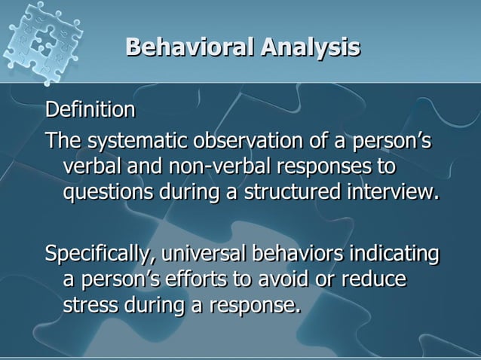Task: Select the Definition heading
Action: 90,111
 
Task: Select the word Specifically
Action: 97,254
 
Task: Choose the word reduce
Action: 375,279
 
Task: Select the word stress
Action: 86,305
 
